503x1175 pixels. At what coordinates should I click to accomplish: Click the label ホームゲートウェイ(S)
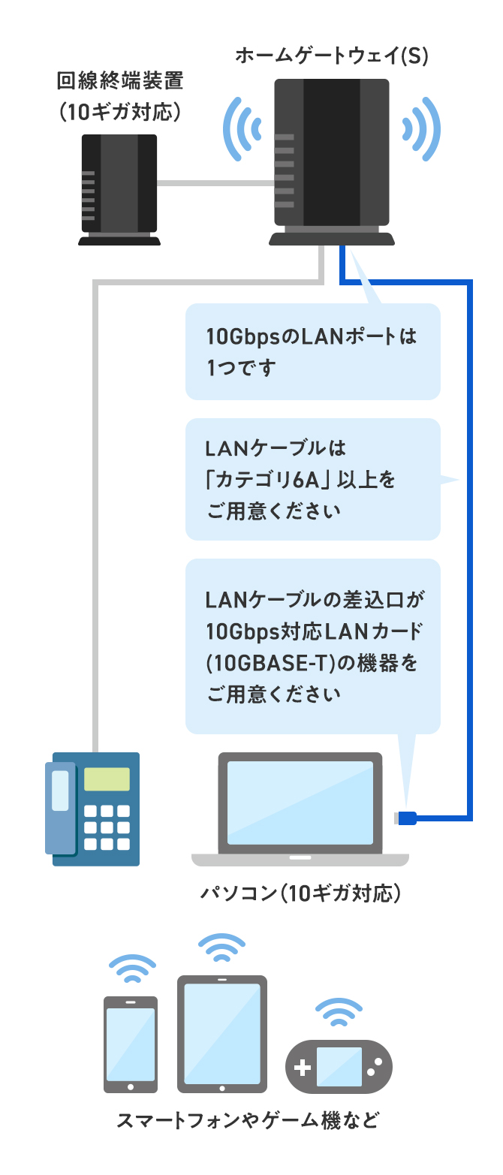click(x=331, y=56)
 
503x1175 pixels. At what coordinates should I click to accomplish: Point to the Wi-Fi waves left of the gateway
click(x=245, y=128)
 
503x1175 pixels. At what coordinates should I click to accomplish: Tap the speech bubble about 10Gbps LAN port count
click(x=312, y=351)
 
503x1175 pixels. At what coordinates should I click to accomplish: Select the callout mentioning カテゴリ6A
click(x=312, y=479)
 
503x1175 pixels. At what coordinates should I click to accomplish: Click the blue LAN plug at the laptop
click(x=407, y=817)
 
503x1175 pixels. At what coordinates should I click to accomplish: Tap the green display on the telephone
click(x=106, y=779)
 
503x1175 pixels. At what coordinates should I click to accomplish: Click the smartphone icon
click(x=131, y=1044)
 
